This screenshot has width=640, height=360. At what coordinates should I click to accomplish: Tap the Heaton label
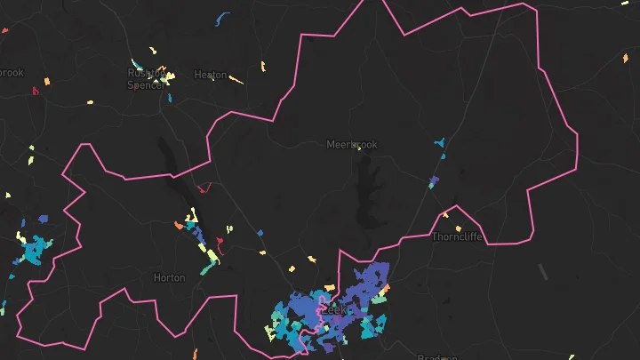tap(210, 76)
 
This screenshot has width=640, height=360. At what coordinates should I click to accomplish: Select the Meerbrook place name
tap(352, 144)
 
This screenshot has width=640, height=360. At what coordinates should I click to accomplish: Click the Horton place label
tap(169, 277)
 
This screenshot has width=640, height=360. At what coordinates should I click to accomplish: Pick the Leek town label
tap(333, 310)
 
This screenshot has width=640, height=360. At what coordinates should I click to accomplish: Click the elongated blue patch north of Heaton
tap(221, 18)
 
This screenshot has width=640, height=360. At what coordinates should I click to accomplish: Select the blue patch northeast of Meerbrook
tap(439, 142)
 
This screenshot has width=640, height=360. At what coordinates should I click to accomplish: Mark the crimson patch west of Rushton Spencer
tap(36, 90)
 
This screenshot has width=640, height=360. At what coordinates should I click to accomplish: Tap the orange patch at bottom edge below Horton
tap(198, 355)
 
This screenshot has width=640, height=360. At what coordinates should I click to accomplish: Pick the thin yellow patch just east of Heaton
tap(236, 80)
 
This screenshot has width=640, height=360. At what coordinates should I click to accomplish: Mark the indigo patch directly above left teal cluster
tap(43, 219)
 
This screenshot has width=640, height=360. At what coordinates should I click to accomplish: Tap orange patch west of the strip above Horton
tap(179, 226)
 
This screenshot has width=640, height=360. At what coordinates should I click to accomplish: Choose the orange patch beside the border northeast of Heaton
tap(263, 65)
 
